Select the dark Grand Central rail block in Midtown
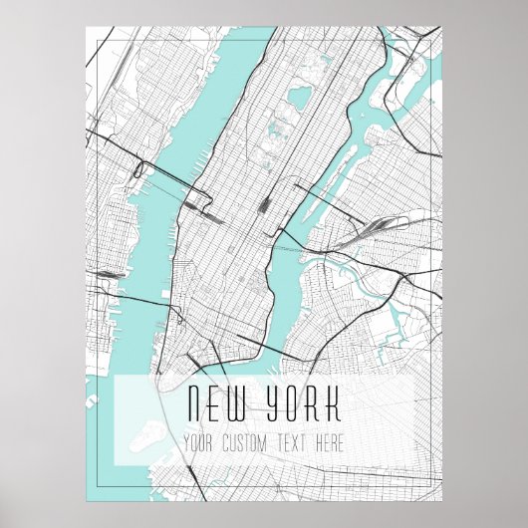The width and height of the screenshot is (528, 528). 265,203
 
